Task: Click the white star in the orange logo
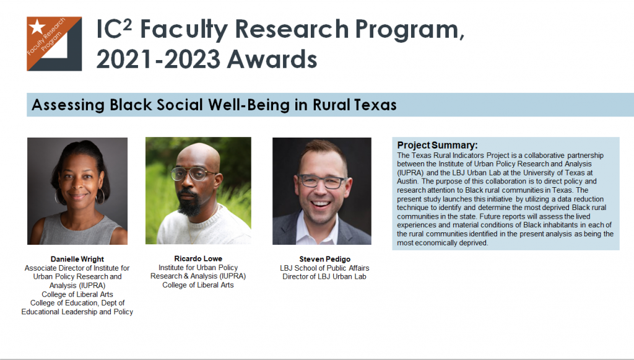click(x=37, y=27)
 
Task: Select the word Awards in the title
click(x=272, y=59)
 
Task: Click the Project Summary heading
click(x=437, y=145)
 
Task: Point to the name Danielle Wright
click(x=77, y=259)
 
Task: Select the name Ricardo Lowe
click(x=198, y=258)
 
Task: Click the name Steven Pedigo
click(x=324, y=259)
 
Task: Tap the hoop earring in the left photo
click(x=100, y=196)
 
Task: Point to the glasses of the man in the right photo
click(x=321, y=181)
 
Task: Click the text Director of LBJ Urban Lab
click(x=324, y=277)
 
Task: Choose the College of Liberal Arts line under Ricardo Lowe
click(x=198, y=285)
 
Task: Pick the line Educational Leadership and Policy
click(x=77, y=312)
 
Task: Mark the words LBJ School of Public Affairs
click(x=324, y=268)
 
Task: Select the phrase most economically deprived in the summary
click(x=442, y=243)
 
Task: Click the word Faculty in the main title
click(x=183, y=30)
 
